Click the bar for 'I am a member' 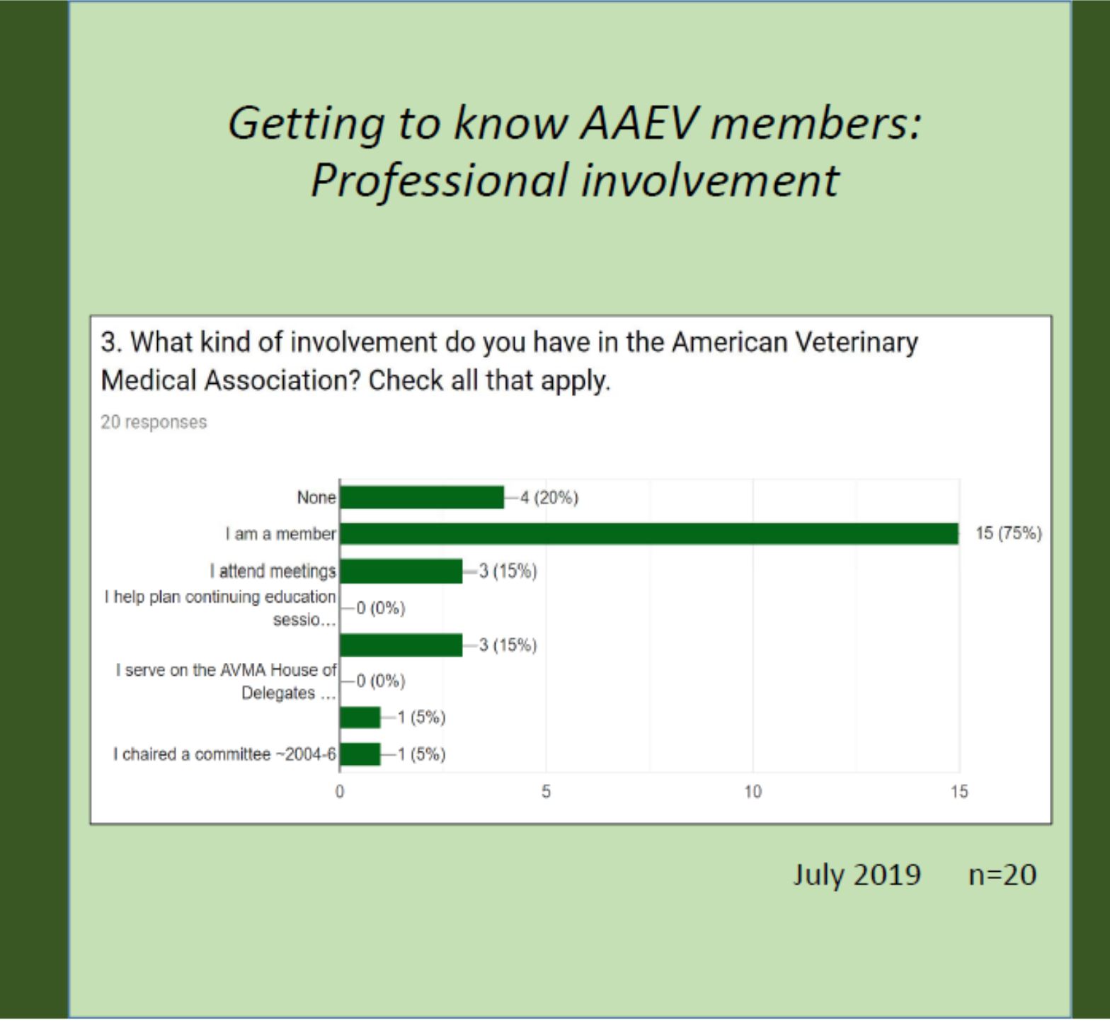(648, 534)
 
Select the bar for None (422, 498)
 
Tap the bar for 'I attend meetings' (401, 571)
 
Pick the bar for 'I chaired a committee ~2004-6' (360, 754)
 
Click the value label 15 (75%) (1008, 533)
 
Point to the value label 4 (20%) (549, 498)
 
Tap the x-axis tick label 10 (753, 792)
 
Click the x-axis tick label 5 (546, 792)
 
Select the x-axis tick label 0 (340, 792)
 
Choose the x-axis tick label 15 (959, 792)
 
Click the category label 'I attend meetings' (273, 571)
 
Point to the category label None (316, 498)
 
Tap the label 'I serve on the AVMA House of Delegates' (227, 681)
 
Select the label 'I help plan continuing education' (221, 608)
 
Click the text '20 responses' (154, 422)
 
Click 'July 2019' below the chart (857, 875)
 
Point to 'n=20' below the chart (1002, 875)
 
